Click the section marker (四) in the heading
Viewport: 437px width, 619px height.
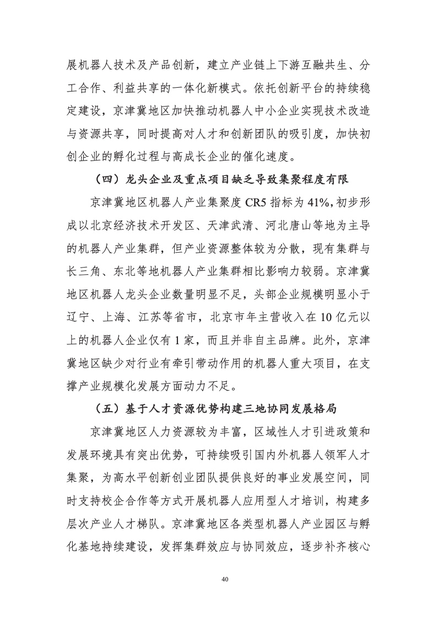(103, 179)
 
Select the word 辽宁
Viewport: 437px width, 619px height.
(80, 318)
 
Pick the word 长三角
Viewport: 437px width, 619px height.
(87, 272)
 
